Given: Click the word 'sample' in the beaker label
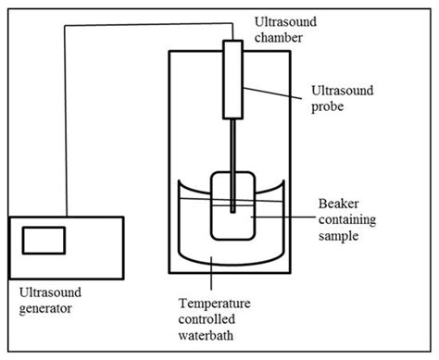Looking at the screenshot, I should (x=337, y=235).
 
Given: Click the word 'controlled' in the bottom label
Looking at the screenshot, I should (x=215, y=318).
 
